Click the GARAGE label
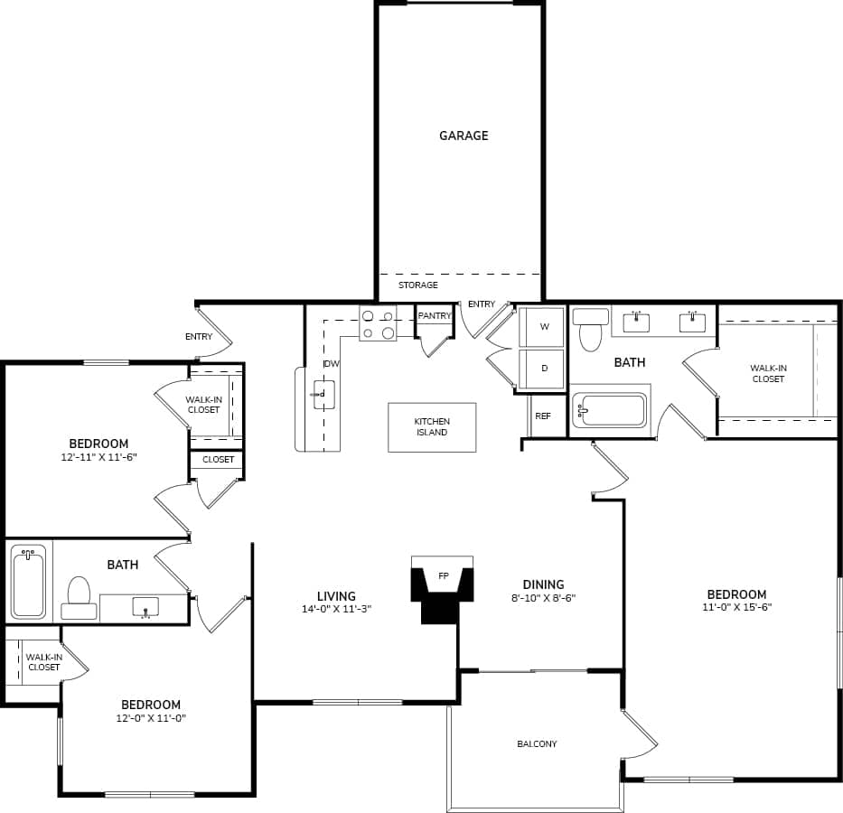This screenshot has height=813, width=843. [x=464, y=135]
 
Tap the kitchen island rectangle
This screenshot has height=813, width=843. [x=432, y=427]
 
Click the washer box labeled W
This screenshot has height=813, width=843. [x=544, y=327]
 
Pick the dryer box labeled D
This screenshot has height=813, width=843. [x=544, y=369]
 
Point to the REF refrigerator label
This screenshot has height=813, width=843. [x=543, y=416]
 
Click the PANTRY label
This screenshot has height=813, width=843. [x=435, y=316]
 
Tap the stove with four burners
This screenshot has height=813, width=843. [x=378, y=324]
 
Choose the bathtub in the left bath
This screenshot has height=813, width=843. [x=28, y=584]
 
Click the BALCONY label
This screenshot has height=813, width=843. [x=537, y=744]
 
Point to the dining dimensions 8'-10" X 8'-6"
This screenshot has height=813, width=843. [x=542, y=598]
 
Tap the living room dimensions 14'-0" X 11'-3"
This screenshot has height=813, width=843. [x=336, y=610]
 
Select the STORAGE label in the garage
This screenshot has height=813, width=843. [x=418, y=285]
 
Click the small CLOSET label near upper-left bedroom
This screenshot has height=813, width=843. [x=218, y=460]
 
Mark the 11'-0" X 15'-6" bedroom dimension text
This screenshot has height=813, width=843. [x=736, y=607]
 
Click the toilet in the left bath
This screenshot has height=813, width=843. [x=80, y=596]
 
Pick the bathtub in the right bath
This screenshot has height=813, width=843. [x=610, y=409]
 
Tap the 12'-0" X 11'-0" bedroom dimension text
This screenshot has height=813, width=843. [x=151, y=718]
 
